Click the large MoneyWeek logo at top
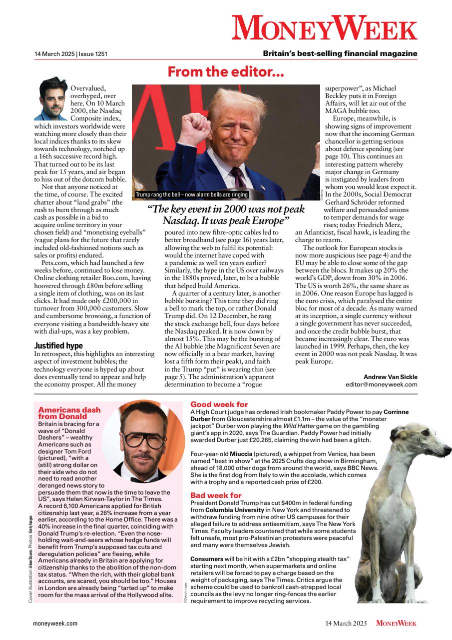[x=324, y=27]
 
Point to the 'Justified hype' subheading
[x=58, y=345]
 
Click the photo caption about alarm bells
[x=192, y=194]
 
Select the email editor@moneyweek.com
[x=381, y=384]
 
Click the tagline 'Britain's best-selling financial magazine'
[x=340, y=53]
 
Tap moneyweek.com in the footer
[x=55, y=623]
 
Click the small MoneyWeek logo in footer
[x=396, y=623]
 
